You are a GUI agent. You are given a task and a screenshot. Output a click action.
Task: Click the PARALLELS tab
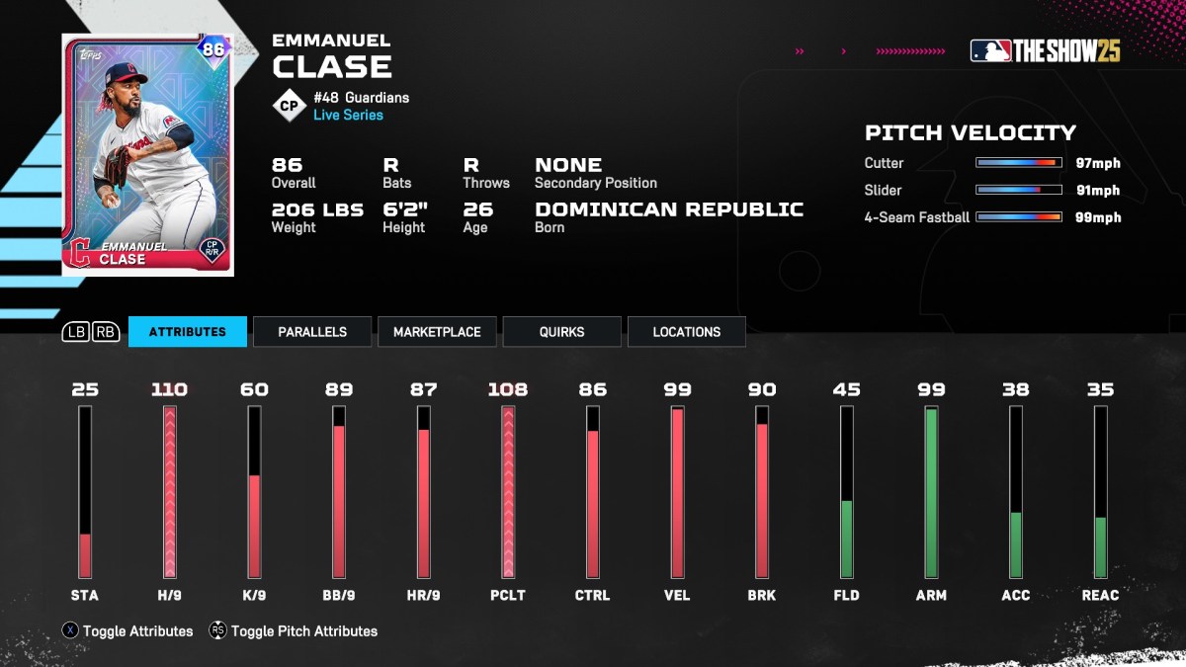tap(312, 332)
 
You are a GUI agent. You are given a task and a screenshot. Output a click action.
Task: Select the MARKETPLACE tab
tap(437, 332)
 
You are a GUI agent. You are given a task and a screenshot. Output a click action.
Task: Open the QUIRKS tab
tap(561, 332)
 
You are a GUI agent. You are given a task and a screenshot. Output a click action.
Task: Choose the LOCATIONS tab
tap(686, 332)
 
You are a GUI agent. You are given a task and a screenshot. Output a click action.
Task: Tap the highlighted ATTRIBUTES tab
tap(187, 332)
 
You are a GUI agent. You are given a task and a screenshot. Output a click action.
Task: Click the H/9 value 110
tap(169, 389)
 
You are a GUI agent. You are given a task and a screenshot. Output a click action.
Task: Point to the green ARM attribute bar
tap(931, 492)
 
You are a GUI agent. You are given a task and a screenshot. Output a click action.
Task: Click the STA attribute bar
tap(85, 492)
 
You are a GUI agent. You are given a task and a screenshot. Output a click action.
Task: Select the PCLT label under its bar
tap(508, 595)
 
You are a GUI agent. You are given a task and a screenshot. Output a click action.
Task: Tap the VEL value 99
tap(677, 389)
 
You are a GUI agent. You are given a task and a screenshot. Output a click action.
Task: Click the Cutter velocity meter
tap(1018, 163)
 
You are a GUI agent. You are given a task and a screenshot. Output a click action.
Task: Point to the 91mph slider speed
tap(1098, 190)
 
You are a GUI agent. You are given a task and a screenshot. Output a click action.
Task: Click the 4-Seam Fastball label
tap(917, 217)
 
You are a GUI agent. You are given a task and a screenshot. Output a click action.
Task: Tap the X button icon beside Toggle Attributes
tap(70, 630)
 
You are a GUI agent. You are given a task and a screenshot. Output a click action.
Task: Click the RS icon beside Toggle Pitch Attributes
tap(218, 630)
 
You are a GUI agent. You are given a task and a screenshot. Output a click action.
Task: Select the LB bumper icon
tap(76, 332)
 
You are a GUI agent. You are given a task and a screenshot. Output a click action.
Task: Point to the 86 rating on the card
tap(213, 49)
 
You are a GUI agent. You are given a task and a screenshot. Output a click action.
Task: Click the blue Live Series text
tap(348, 115)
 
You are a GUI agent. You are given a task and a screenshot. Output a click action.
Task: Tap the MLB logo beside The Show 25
tap(990, 51)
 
